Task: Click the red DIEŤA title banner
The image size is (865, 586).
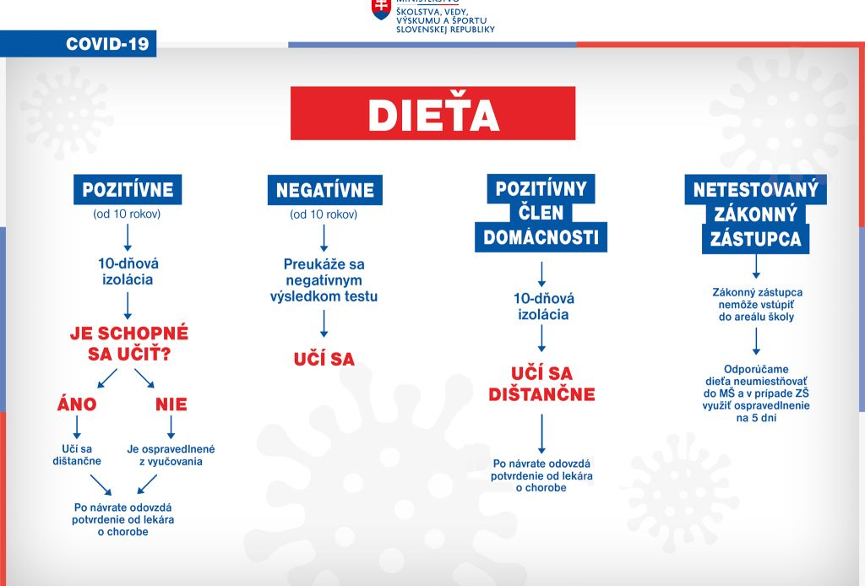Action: tap(433, 113)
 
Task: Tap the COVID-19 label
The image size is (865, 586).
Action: tap(107, 44)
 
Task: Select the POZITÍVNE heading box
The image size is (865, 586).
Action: tap(128, 190)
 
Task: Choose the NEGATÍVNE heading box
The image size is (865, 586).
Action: tap(325, 190)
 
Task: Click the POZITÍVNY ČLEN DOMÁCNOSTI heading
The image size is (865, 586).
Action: tap(541, 214)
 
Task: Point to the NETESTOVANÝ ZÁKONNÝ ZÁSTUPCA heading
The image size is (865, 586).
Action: tap(756, 214)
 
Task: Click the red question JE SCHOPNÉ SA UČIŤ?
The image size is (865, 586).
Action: tap(129, 343)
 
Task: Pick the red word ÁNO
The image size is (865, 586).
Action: tap(77, 404)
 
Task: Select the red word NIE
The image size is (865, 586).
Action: tap(171, 404)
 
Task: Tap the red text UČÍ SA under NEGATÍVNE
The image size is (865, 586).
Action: tap(324, 359)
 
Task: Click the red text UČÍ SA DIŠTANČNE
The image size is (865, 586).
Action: tap(541, 383)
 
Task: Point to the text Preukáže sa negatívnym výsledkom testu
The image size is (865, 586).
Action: tap(324, 280)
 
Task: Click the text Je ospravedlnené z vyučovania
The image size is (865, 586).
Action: tap(171, 455)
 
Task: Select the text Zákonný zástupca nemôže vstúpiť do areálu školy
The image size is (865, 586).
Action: tap(756, 304)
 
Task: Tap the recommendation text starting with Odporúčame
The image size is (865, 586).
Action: tap(756, 393)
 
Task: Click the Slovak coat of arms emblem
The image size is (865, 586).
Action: tap(381, 9)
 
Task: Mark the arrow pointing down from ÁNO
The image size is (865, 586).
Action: tap(77, 427)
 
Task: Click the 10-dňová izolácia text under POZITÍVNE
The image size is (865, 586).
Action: tap(128, 271)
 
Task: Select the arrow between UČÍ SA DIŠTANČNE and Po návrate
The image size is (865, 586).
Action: tap(541, 434)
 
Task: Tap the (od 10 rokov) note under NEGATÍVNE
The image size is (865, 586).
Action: tap(324, 214)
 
